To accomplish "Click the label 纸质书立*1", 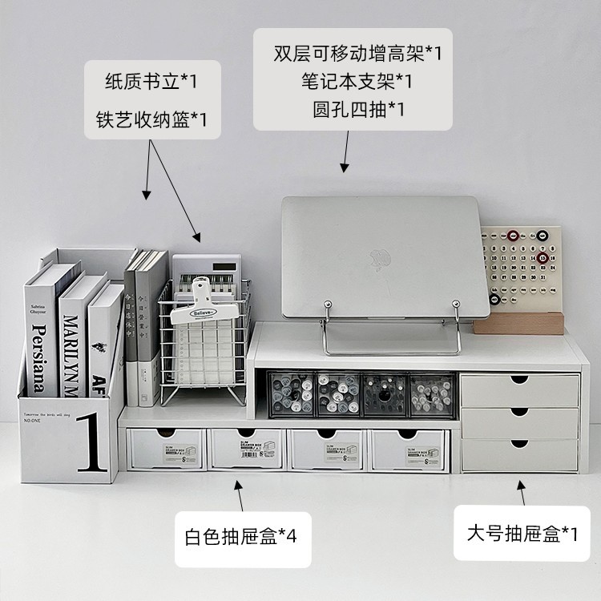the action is (151, 82).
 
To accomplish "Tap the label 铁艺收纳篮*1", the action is (151, 120).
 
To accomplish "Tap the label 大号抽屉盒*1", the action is (522, 533).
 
